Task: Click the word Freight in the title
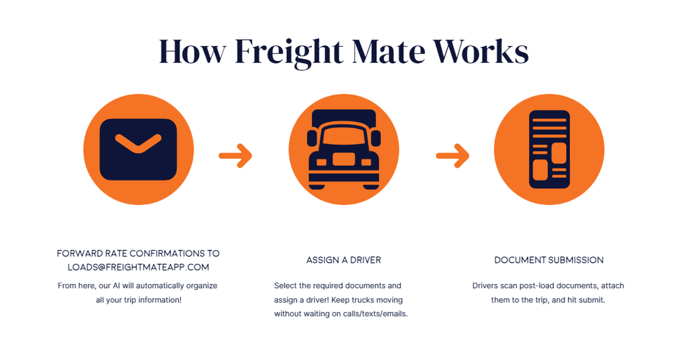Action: point(288,52)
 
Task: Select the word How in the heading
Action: point(192,52)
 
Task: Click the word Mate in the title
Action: point(390,52)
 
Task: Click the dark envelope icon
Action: point(138,149)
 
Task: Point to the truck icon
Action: point(343,150)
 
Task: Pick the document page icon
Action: point(549,149)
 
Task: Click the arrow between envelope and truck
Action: point(236,155)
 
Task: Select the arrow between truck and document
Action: point(453,155)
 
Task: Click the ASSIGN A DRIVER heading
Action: point(343,260)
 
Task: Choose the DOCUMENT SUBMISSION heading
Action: point(549,260)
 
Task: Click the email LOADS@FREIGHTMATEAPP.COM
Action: point(138,267)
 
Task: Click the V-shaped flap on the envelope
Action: point(138,142)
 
